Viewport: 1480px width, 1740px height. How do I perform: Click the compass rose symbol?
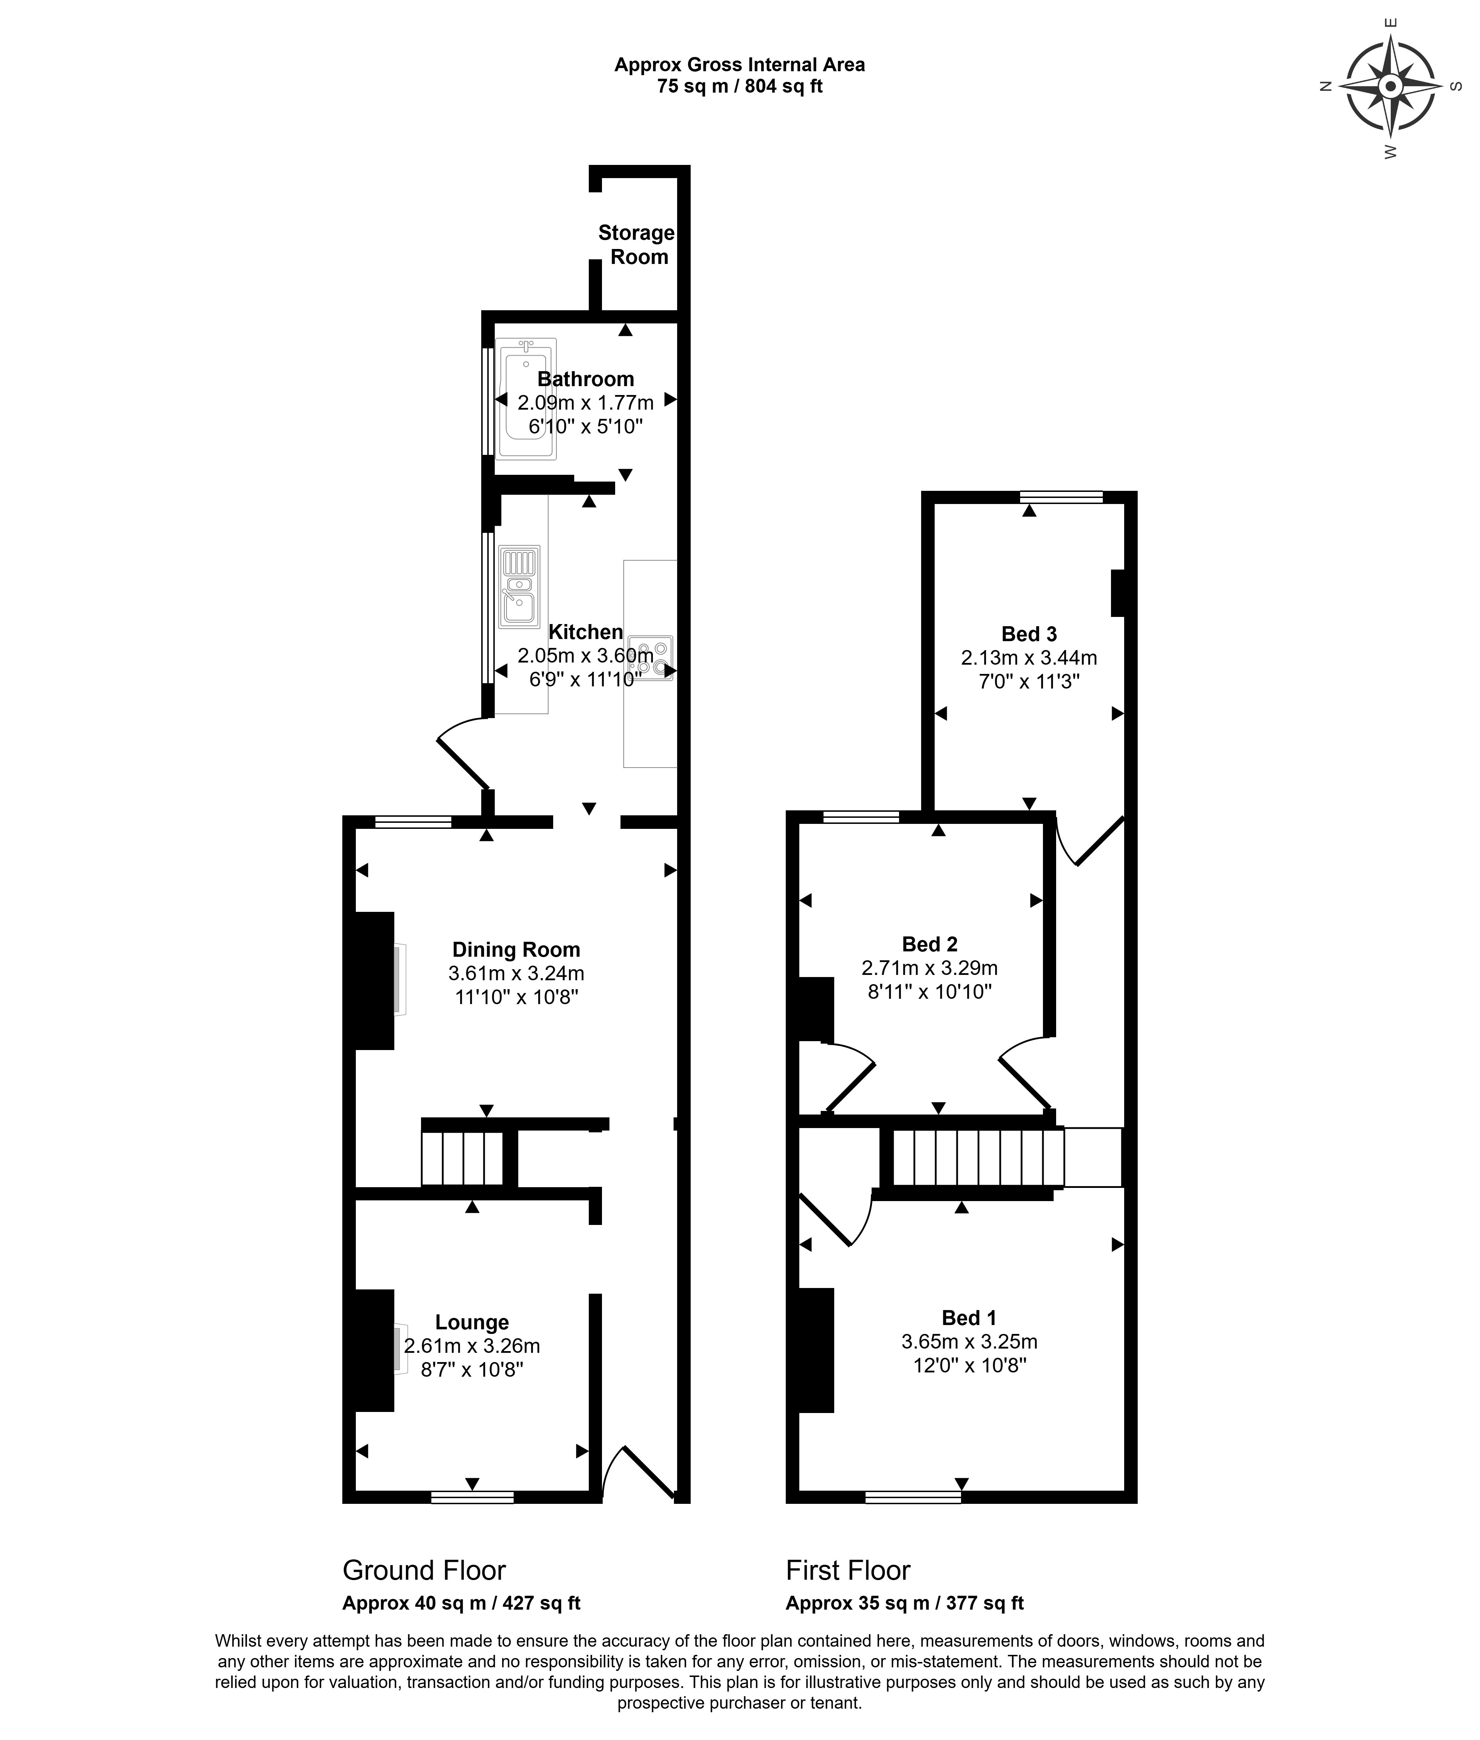pyautogui.click(x=1390, y=87)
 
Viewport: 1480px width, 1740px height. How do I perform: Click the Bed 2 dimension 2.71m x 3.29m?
pyautogui.click(x=930, y=968)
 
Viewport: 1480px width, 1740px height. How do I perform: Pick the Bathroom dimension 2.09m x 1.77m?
pyautogui.click(x=586, y=403)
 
